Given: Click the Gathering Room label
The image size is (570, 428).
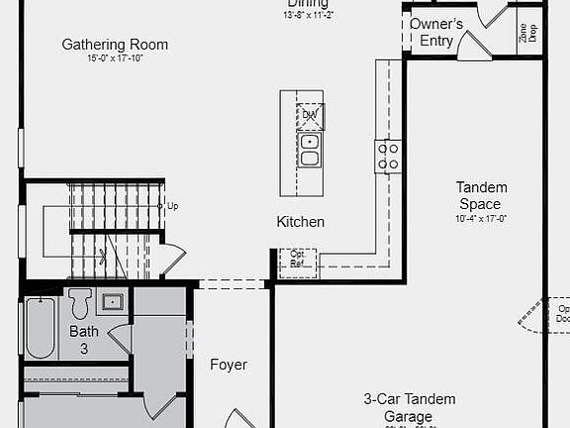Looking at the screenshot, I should point(115,45).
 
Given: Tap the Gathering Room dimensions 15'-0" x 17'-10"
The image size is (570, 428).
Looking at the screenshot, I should point(115,58).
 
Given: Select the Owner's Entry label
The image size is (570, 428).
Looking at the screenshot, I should point(436,32).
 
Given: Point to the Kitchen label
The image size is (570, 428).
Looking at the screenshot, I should point(300,222).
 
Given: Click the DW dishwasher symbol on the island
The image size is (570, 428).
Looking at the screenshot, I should point(310,116).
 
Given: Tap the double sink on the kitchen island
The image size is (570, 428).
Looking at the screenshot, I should point(310,150).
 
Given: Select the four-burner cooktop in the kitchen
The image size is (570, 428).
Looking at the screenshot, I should point(388,156).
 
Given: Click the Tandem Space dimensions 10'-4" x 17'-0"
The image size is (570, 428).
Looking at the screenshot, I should point(482,218).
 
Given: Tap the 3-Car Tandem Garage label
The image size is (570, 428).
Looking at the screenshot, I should point(409,407).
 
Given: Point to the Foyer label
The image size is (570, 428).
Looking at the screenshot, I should point(229,365).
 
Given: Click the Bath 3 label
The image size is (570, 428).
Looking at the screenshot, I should point(84,339).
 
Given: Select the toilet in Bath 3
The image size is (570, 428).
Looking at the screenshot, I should point(80,302).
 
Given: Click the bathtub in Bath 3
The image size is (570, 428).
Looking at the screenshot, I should point(40,328).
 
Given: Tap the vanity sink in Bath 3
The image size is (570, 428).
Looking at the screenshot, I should point(112,301).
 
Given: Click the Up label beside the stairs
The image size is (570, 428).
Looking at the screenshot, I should point(173,206).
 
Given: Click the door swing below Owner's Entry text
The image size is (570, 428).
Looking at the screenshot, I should point(473,47).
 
